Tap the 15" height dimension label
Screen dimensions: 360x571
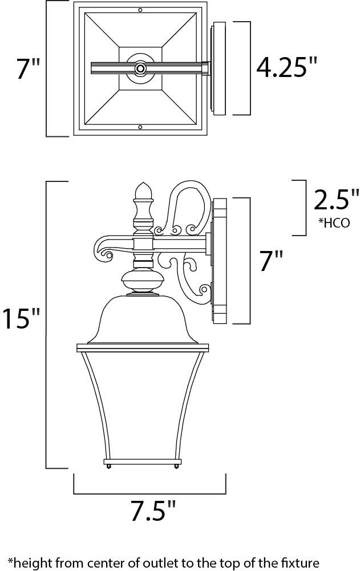pos(21,318)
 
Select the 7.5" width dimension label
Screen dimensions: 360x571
pos(153,511)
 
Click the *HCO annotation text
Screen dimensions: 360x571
pos(334,222)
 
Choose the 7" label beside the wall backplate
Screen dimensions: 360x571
pos(271,261)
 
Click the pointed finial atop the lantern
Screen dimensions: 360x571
pos(143,191)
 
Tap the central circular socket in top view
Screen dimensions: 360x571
pos(140,68)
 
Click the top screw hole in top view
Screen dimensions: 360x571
pos(140,10)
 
